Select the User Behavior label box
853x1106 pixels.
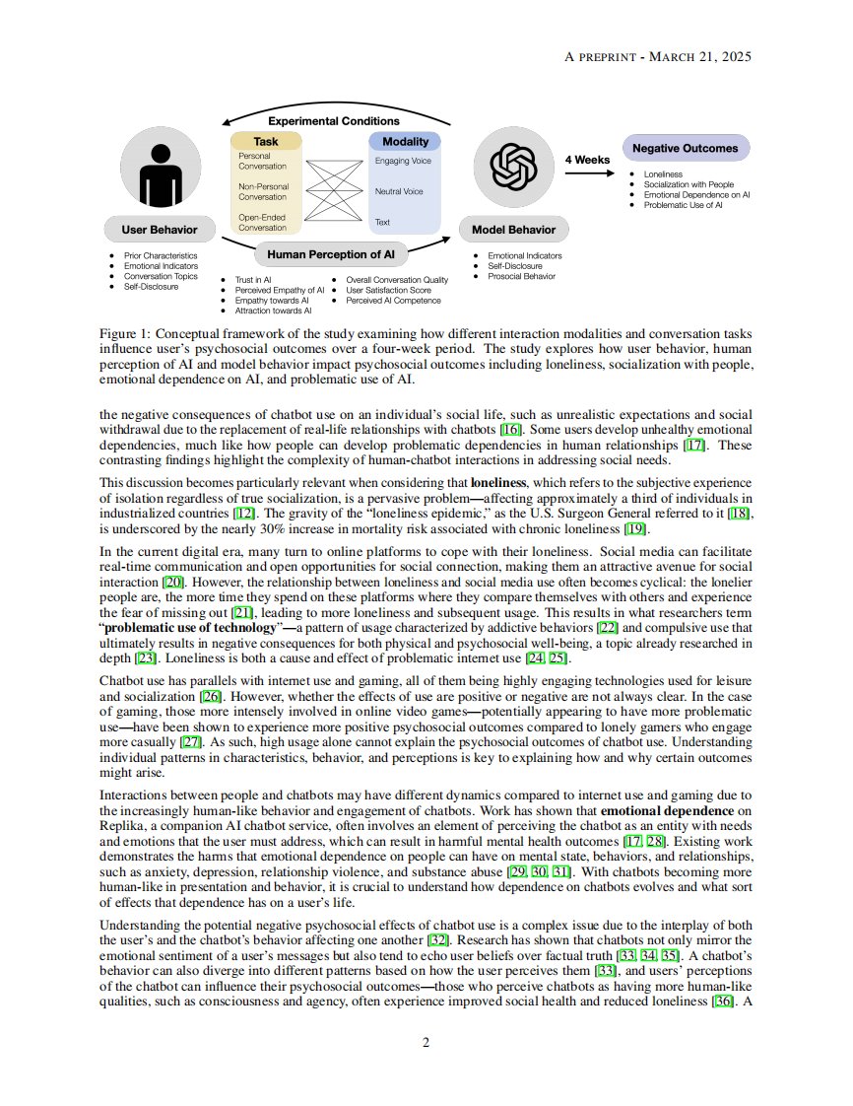point(159,230)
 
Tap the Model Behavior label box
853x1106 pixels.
point(513,230)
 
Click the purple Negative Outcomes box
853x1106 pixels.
point(685,148)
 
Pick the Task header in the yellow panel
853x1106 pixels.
point(266,142)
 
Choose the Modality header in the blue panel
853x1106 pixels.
point(405,142)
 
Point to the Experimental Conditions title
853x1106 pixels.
point(334,121)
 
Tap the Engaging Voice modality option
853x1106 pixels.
point(403,161)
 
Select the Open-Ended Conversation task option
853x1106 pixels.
point(263,222)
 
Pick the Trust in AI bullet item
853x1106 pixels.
point(258,280)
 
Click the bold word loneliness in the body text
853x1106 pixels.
point(499,483)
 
